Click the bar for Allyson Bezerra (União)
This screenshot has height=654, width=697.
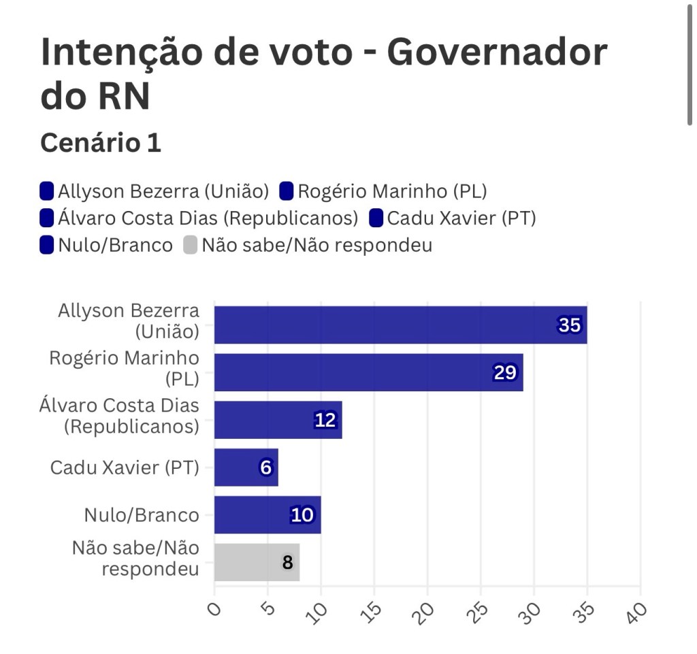click(400, 325)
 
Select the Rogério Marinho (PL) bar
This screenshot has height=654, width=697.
click(368, 372)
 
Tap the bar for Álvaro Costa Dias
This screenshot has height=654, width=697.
click(278, 420)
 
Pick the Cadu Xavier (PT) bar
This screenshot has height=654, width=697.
click(246, 468)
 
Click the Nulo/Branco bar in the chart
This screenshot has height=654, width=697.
click(267, 515)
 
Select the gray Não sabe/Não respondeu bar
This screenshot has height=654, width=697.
click(257, 562)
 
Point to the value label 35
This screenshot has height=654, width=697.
click(569, 325)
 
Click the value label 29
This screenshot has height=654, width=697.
click(505, 373)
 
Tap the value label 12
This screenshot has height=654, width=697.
click(325, 421)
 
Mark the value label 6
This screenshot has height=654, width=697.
click(265, 468)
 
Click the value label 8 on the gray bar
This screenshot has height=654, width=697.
click(287, 563)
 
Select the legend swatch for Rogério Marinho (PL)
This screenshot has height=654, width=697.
click(287, 191)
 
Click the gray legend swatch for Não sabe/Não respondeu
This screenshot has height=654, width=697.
click(190, 245)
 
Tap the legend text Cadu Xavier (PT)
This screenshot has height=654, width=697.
click(461, 218)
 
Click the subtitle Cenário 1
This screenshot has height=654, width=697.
click(101, 143)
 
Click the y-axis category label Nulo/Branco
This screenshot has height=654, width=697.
click(142, 515)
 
